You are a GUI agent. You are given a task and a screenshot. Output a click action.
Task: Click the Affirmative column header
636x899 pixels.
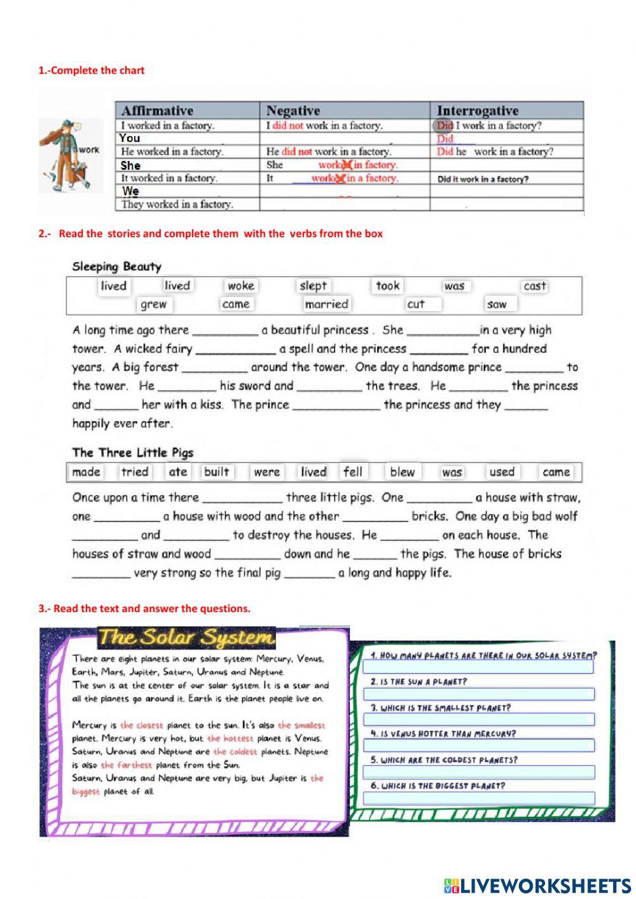157,111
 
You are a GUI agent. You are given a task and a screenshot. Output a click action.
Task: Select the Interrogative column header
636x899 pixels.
477,111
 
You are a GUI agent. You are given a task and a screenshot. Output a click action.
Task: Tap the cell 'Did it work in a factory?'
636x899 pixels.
483,179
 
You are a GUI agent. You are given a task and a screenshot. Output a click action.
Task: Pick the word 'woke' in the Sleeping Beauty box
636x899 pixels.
241,286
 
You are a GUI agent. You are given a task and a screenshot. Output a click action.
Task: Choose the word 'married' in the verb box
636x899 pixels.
326,304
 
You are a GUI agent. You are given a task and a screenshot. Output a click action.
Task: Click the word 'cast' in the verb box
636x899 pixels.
534,286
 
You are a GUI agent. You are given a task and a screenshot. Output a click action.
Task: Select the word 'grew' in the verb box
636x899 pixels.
153,304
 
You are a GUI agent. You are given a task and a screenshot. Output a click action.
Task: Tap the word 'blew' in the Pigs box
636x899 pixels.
402,472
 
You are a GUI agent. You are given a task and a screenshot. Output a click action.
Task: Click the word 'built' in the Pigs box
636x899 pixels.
216,472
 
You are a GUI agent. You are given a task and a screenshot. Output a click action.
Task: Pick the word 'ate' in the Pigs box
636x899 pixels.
178,472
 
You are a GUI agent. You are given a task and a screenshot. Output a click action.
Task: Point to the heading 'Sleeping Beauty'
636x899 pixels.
116,267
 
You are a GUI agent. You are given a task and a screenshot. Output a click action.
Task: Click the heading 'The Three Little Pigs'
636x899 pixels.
132,453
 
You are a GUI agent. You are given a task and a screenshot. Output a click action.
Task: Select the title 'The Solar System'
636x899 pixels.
186,637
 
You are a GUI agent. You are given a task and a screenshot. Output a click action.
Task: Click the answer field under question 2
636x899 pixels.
478,693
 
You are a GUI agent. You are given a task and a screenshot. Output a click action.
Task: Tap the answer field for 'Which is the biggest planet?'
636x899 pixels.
478,798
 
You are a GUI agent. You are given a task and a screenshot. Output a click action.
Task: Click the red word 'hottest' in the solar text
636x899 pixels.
230,739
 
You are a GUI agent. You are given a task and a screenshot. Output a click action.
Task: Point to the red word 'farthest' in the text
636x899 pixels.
127,765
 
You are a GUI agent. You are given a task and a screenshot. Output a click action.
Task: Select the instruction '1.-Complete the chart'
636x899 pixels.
92,71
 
